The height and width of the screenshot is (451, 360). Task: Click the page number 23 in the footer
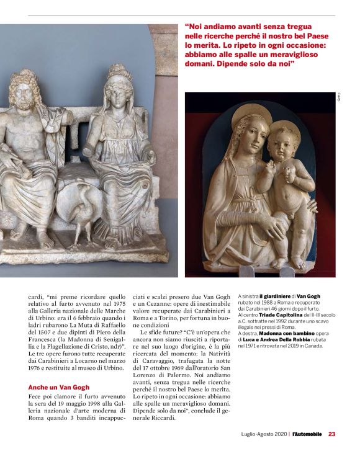tap(332, 434)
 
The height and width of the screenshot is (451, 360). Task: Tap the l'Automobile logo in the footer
tap(307, 434)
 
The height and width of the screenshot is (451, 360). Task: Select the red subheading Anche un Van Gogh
tap(59, 387)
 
